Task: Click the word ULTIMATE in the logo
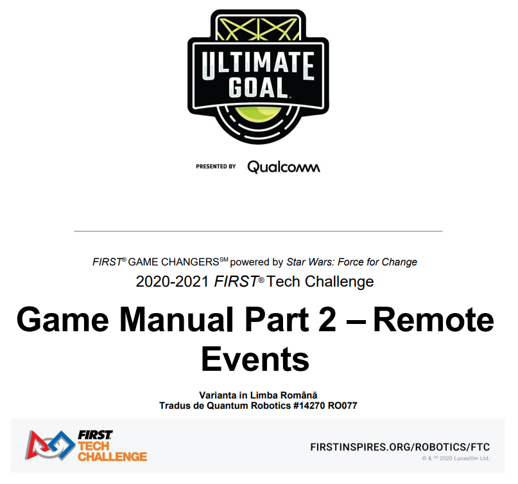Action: coord(258,65)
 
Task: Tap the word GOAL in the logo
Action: coord(258,87)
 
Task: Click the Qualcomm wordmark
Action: coord(284,166)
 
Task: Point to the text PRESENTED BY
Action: coord(216,166)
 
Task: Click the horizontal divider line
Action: coord(258,231)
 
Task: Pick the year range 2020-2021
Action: coord(172,282)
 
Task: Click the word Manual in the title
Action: coord(177,319)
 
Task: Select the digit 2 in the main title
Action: coord(327,319)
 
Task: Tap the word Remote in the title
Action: coord(434,319)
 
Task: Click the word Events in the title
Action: coord(255,359)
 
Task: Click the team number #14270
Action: coord(309,406)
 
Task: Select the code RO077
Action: coord(342,406)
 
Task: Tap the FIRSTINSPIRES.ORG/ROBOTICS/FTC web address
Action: coord(400,447)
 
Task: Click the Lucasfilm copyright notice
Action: coord(456,458)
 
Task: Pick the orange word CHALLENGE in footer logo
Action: coord(112,456)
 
